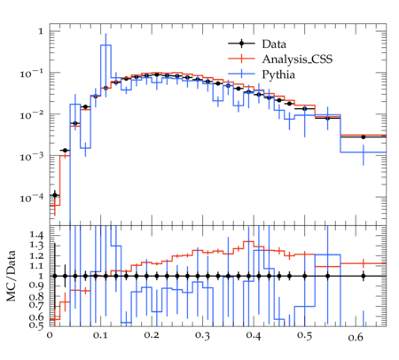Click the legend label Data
click(274, 44)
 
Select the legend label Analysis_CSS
click(297, 59)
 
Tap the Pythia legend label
click(278, 74)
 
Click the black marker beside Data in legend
click(241, 43)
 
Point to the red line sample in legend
click(241, 59)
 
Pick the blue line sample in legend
click(241, 74)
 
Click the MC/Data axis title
click(11, 276)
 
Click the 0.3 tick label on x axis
click(202, 336)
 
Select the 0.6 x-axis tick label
click(356, 336)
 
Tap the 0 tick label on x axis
click(50, 336)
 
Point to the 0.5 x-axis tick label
click(304, 336)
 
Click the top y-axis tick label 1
click(41, 31)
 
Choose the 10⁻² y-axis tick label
click(31, 115)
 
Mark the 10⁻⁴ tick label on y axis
click(31, 198)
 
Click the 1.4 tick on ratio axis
click(36, 236)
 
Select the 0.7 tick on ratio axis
click(36, 305)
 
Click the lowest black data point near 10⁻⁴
click(55, 195)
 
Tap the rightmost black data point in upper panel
click(364, 137)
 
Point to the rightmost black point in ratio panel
click(364, 276)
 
